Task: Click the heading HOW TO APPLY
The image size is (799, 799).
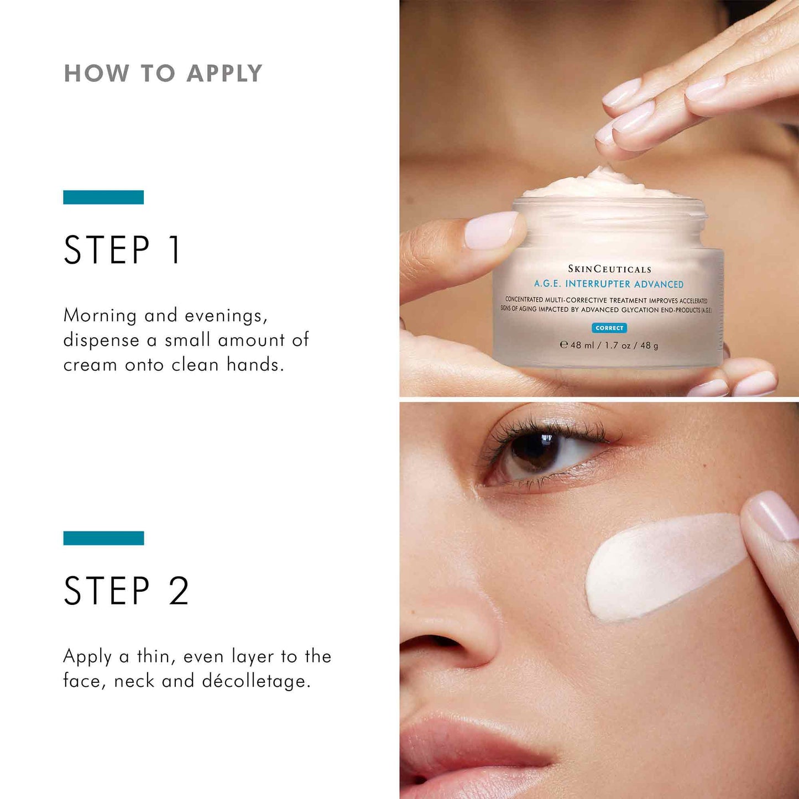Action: tap(163, 74)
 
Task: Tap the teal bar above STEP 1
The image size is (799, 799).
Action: tap(103, 197)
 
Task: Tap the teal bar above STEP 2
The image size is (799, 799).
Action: tap(103, 538)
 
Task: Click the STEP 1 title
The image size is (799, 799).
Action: tap(122, 250)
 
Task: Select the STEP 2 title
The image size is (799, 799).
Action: tap(127, 591)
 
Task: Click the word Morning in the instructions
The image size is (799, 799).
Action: tap(100, 316)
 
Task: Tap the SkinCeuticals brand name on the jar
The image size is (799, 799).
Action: tap(609, 269)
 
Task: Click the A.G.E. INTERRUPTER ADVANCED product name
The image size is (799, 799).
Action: tap(608, 284)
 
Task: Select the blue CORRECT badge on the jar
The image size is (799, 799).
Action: tap(609, 328)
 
